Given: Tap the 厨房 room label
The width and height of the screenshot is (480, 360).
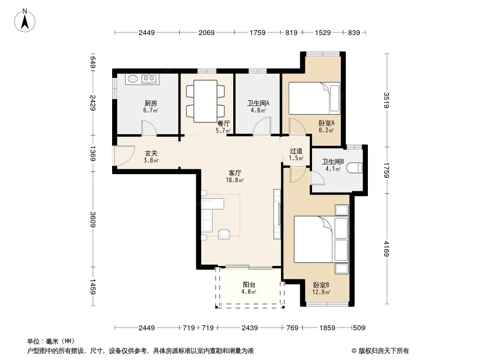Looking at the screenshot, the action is pos(151,103).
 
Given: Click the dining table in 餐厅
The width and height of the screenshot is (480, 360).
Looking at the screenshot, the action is pos(206,101).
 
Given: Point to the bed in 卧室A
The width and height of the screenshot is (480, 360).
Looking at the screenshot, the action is pos(314,98).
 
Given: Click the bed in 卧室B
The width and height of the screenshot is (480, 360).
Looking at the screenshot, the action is pos(321,239).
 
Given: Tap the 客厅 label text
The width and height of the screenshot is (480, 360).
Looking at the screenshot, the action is pos(235,173).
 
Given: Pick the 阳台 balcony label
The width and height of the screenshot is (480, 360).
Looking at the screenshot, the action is pos(249,285).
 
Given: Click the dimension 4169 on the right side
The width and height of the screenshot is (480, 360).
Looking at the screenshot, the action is pos(387,249).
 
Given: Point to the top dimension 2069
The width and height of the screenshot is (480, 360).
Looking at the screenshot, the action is pos(207,32).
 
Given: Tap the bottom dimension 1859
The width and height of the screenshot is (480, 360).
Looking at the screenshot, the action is pos(327,328).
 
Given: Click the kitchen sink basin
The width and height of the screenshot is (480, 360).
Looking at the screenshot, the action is pos(133,79).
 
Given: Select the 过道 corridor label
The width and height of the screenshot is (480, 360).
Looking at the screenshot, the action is pos(296,151).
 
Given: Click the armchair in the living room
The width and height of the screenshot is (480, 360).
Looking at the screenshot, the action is pos(224,234).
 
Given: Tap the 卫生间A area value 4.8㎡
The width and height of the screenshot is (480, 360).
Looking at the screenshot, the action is pos(258,110).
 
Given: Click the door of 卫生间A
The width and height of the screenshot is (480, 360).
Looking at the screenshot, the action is pos(262,126).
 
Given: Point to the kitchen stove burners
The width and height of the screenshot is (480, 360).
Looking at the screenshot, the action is pos(149,79).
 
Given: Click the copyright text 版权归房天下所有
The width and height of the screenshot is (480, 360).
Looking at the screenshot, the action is pos(384,351).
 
